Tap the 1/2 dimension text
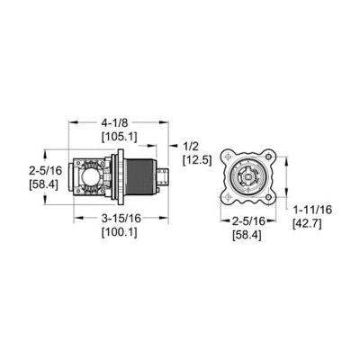(191, 146)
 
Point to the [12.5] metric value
(196, 160)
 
